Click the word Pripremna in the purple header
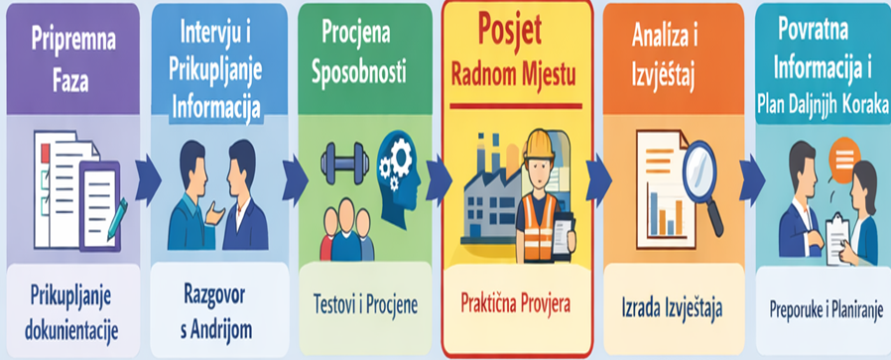click(x=73, y=40)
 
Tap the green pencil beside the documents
click(x=116, y=219)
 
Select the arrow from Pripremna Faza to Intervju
click(x=148, y=181)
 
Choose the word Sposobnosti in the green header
click(x=358, y=72)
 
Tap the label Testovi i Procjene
click(x=365, y=304)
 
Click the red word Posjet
click(x=509, y=30)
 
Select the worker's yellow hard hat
click(x=539, y=145)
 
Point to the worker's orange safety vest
click(x=538, y=226)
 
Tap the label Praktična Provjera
click(x=516, y=303)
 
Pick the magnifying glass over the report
click(x=702, y=181)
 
